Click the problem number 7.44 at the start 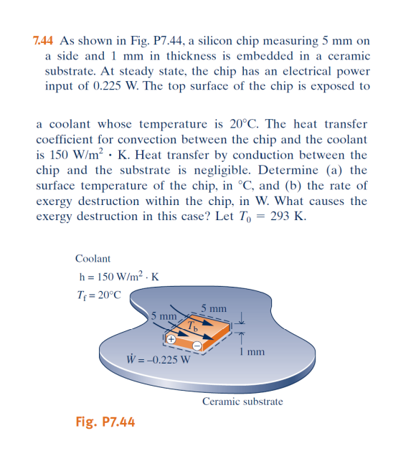(45, 40)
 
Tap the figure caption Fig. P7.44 (105, 422)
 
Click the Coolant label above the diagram (93, 258)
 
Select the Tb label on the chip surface (192, 326)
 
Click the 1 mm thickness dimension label (254, 352)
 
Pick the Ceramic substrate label (242, 401)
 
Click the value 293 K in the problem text (285, 217)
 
